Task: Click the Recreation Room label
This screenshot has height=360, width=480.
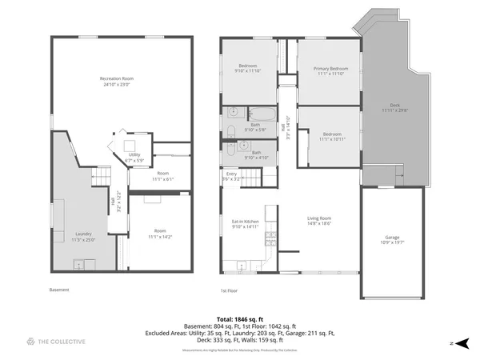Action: (x=116, y=80)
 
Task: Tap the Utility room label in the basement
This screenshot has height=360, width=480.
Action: (x=134, y=157)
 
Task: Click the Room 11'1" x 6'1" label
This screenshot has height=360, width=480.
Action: (x=162, y=176)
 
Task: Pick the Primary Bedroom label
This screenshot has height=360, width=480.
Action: (x=328, y=71)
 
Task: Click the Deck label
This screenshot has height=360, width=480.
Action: (x=394, y=107)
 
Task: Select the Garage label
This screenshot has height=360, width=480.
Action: (x=390, y=238)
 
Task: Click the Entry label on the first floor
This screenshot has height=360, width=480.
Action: (x=232, y=174)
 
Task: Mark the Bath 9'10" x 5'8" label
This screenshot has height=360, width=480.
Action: (x=255, y=126)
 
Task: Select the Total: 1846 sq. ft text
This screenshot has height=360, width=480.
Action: (x=240, y=318)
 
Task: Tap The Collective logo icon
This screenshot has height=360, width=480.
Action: (x=30, y=342)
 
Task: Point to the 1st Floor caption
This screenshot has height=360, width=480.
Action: (x=230, y=290)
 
